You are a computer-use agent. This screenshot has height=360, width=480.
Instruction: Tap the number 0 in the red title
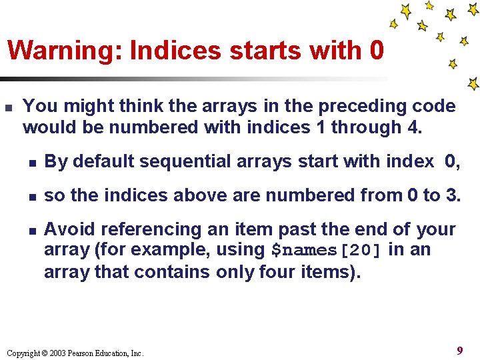375,50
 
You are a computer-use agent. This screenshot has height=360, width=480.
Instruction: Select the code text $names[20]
327,251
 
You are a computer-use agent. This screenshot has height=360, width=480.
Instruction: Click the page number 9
460,351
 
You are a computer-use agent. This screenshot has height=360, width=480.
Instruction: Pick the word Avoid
65,230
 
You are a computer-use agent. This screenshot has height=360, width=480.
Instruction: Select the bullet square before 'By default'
31,162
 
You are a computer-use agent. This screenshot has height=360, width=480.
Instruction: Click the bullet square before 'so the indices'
31,196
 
